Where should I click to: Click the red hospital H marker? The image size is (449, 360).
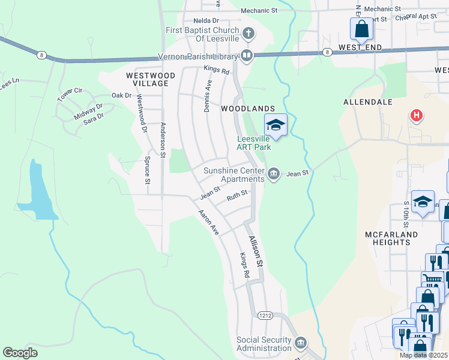415,115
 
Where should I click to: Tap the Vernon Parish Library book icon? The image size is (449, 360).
247,56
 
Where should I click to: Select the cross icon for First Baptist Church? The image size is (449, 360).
249,32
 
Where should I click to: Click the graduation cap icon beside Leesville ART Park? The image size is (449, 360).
276,124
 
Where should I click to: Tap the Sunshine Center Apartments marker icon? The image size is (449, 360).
274,174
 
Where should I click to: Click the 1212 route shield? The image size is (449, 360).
265,315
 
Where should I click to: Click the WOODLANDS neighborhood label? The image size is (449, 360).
248,109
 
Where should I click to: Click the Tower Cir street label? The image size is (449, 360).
70,94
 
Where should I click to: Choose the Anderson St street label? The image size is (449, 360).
163,140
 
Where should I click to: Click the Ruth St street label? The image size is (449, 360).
237,196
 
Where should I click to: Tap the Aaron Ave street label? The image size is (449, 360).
209,222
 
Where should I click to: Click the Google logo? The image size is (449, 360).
20,353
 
